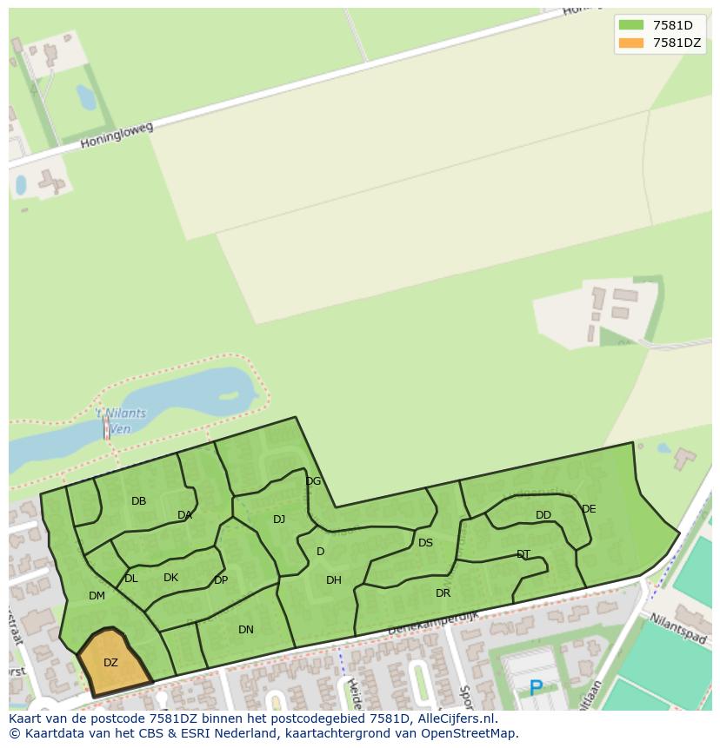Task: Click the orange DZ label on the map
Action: [110, 663]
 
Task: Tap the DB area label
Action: [138, 501]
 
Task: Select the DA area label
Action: [184, 515]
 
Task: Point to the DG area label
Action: [313, 481]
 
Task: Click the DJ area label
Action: [279, 520]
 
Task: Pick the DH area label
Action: [334, 580]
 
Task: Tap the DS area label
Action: [425, 543]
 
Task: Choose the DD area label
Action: [543, 515]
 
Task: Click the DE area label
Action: [589, 509]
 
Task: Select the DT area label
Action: [523, 554]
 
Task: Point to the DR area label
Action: [443, 593]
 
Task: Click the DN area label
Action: [246, 630]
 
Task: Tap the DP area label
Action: [221, 580]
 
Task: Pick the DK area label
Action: [170, 578]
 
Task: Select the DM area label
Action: [97, 596]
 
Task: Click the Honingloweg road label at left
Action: [117, 135]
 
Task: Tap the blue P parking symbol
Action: [536, 689]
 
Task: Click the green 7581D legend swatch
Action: [630, 25]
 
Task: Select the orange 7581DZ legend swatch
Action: [630, 43]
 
